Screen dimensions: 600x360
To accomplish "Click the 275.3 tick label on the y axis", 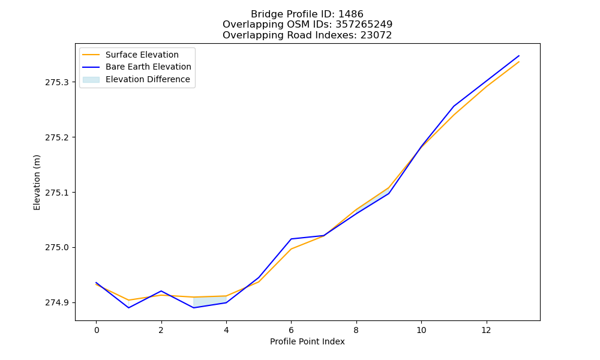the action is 58,82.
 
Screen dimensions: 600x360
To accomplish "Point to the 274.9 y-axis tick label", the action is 58,302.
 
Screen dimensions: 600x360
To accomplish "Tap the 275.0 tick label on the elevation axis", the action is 58,248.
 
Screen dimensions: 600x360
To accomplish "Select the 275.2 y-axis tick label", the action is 58,137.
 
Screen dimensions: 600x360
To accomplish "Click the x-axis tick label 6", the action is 291,330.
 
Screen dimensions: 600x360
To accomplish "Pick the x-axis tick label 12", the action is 487,330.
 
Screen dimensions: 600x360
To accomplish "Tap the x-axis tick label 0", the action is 96,330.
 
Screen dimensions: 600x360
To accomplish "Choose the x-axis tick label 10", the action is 421,330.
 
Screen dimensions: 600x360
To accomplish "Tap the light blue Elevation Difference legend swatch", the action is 91,79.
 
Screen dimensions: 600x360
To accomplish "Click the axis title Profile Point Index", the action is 307,341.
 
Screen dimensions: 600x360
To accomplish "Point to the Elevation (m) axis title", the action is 37,182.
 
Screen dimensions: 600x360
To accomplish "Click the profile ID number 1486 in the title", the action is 351,14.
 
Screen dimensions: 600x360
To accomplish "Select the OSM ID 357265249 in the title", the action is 364,25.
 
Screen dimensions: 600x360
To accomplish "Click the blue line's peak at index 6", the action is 292,239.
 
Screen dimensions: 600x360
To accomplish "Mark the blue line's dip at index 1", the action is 128,308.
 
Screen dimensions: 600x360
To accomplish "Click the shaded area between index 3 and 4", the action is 209,301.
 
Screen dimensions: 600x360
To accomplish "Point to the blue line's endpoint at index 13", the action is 519,56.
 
